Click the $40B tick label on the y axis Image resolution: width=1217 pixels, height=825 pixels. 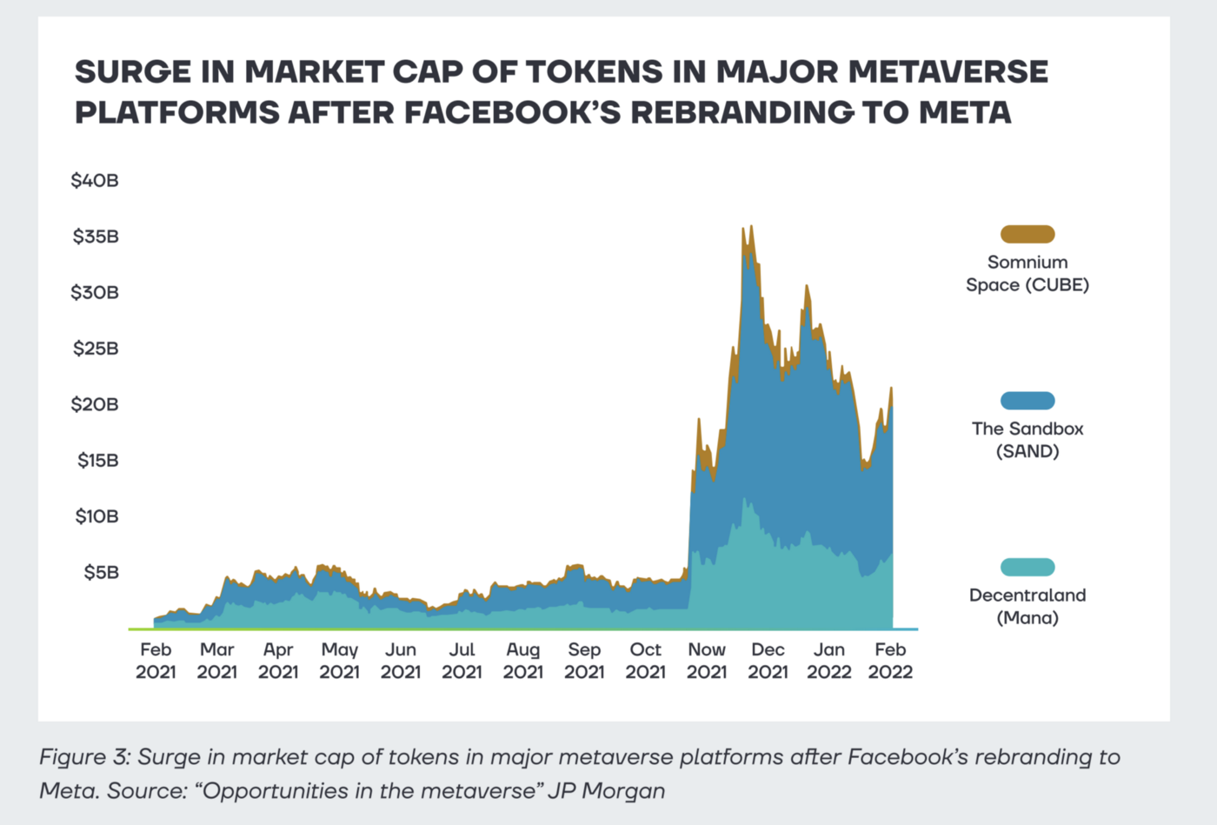pos(95,181)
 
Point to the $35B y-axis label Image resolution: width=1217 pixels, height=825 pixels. pos(96,236)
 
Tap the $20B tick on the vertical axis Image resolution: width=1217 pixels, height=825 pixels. pos(95,404)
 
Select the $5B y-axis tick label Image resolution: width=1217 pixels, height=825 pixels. pos(101,572)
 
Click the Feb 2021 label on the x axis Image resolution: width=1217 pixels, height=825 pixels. pos(156,661)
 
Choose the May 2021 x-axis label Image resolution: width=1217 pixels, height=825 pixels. pos(339,661)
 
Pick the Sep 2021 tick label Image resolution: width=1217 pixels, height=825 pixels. pos(584,661)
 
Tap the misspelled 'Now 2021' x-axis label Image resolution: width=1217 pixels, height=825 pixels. pos(707,661)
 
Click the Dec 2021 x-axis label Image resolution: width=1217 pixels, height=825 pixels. pos(768,661)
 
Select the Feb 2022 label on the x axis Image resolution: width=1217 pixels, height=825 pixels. pos(890,661)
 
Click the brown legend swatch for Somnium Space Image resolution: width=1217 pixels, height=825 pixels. pos(1027,234)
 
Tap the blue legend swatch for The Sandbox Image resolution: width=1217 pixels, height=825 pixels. pos(1027,401)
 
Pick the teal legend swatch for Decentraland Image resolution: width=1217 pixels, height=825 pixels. pos(1027,568)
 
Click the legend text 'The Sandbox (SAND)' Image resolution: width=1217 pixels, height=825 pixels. pos(1027,440)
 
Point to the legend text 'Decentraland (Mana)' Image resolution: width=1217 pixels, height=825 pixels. pos(1027,607)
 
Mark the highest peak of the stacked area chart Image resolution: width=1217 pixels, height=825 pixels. pos(750,227)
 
